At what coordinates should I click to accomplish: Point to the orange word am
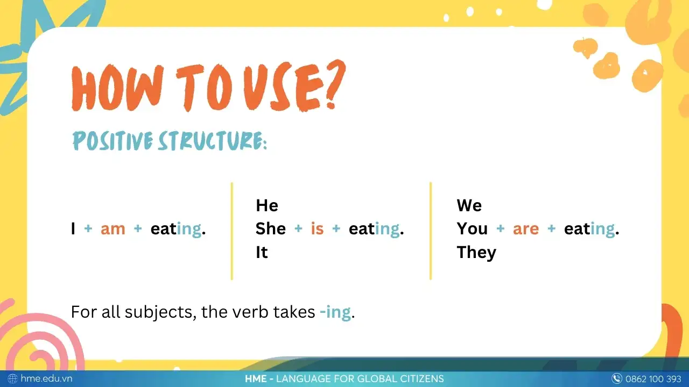[113, 229]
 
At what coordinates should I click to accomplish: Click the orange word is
[317, 229]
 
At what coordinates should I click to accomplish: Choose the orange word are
[525, 229]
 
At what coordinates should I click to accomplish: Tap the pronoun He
[267, 205]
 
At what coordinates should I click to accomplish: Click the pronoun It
[262, 253]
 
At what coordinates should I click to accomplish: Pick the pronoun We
[469, 205]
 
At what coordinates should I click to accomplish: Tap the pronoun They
[476, 253]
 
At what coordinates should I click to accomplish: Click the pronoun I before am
[73, 229]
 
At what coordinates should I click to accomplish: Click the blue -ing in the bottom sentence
[335, 312]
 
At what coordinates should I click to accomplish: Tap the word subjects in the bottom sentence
[160, 312]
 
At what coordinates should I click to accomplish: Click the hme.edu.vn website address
[46, 378]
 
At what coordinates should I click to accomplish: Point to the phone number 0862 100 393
[653, 378]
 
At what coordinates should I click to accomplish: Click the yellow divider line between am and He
[232, 231]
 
